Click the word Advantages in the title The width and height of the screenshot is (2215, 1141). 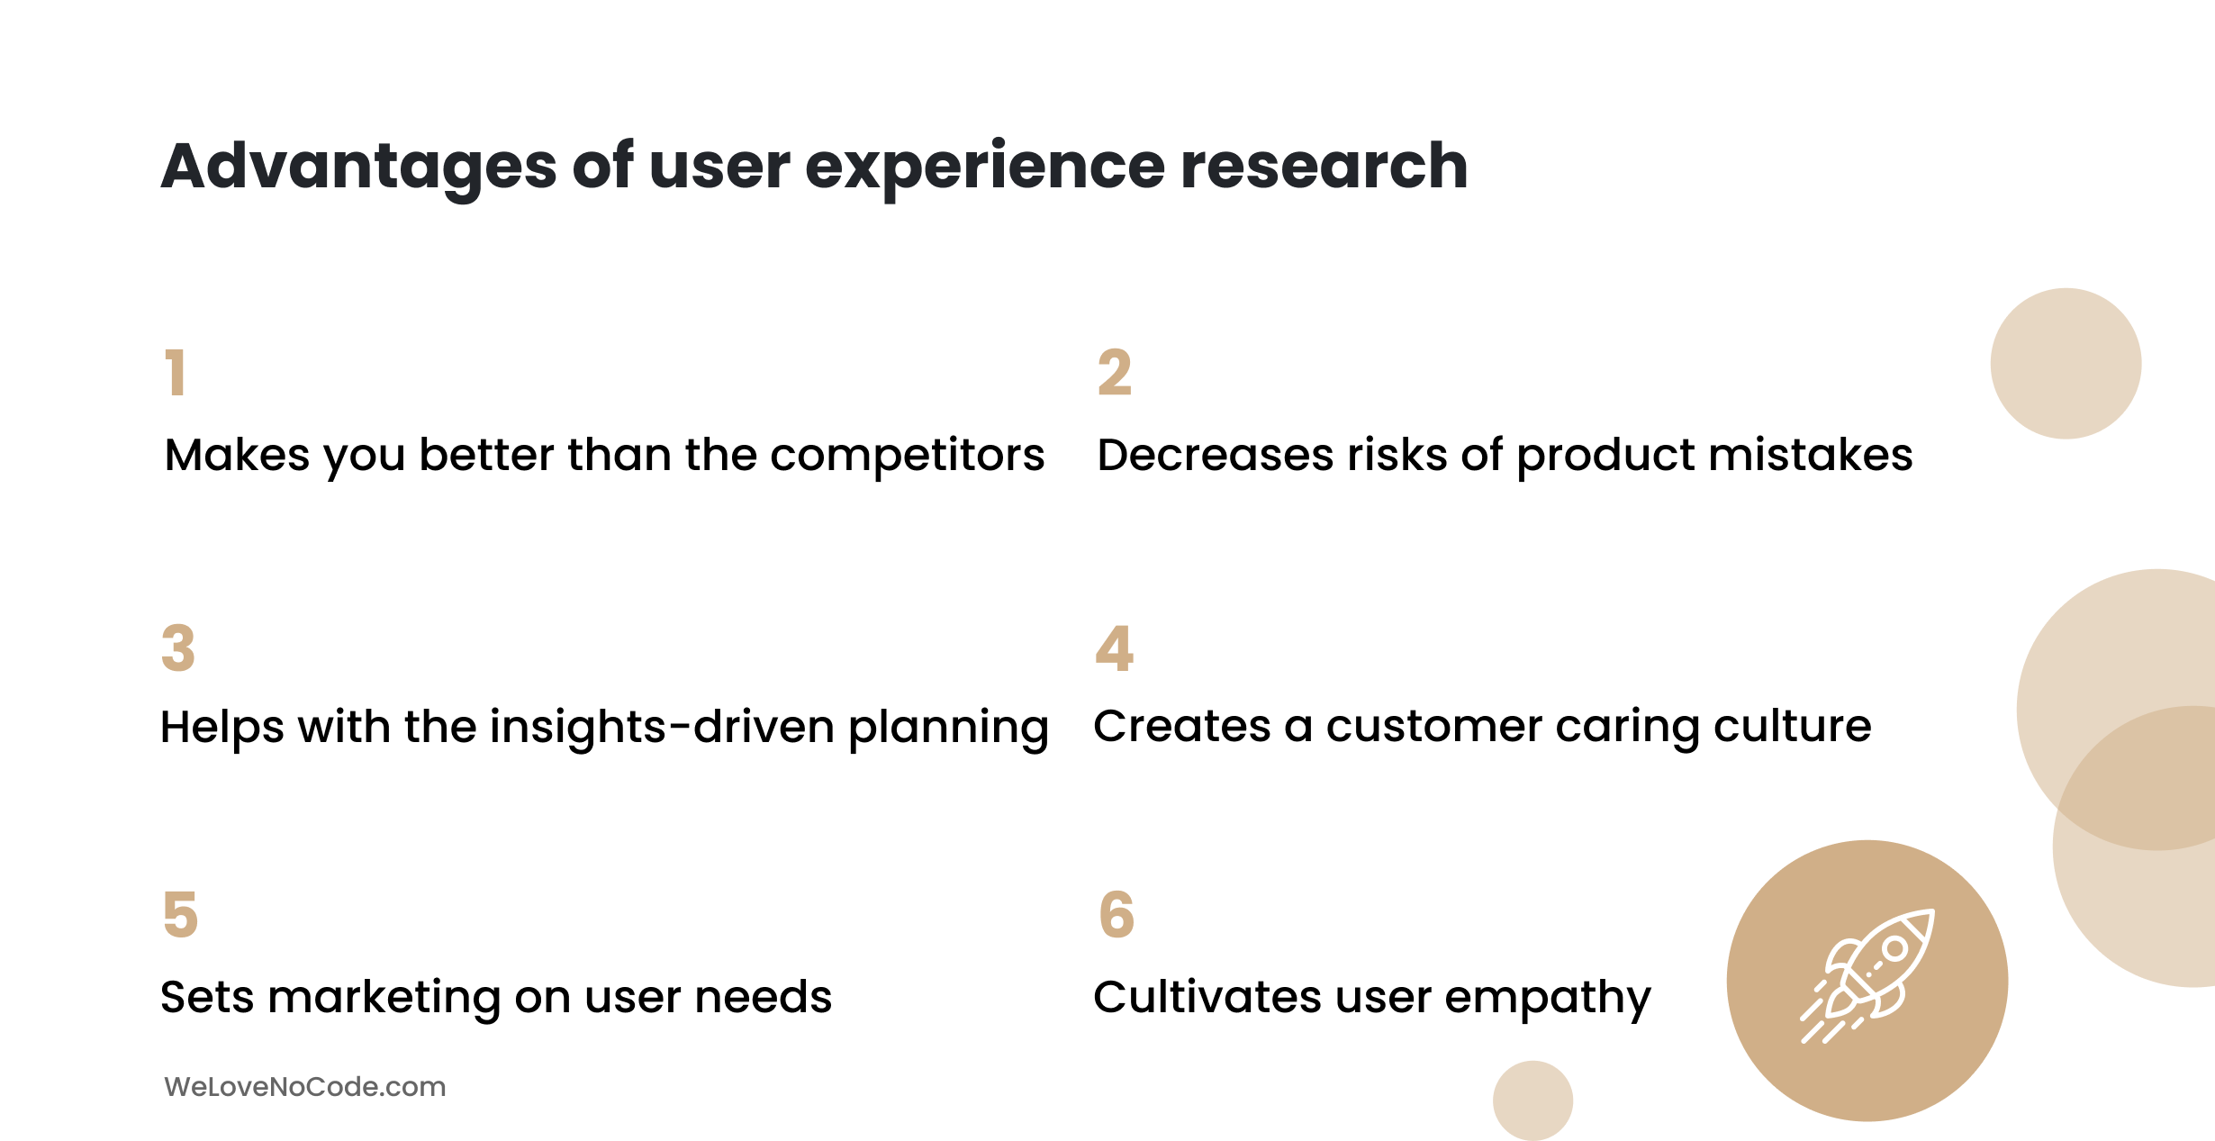coord(359,168)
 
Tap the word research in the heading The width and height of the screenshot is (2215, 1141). coord(1324,167)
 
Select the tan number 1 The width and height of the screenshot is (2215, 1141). coord(176,373)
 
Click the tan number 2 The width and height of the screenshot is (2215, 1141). coord(1115,373)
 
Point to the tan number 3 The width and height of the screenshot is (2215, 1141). coord(178,648)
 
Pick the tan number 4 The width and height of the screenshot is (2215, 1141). coord(1115,648)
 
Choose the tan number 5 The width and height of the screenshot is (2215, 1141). coord(180,915)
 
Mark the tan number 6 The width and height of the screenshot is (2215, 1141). coord(1117,915)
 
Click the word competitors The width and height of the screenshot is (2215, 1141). coord(908,456)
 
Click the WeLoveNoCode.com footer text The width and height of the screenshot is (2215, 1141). coord(305,1087)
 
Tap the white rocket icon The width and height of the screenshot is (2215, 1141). coord(1867,976)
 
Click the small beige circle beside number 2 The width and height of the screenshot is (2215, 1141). coord(2066,364)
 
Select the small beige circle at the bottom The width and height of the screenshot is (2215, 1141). coord(1532,1100)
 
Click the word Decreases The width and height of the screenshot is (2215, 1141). coord(1216,455)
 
